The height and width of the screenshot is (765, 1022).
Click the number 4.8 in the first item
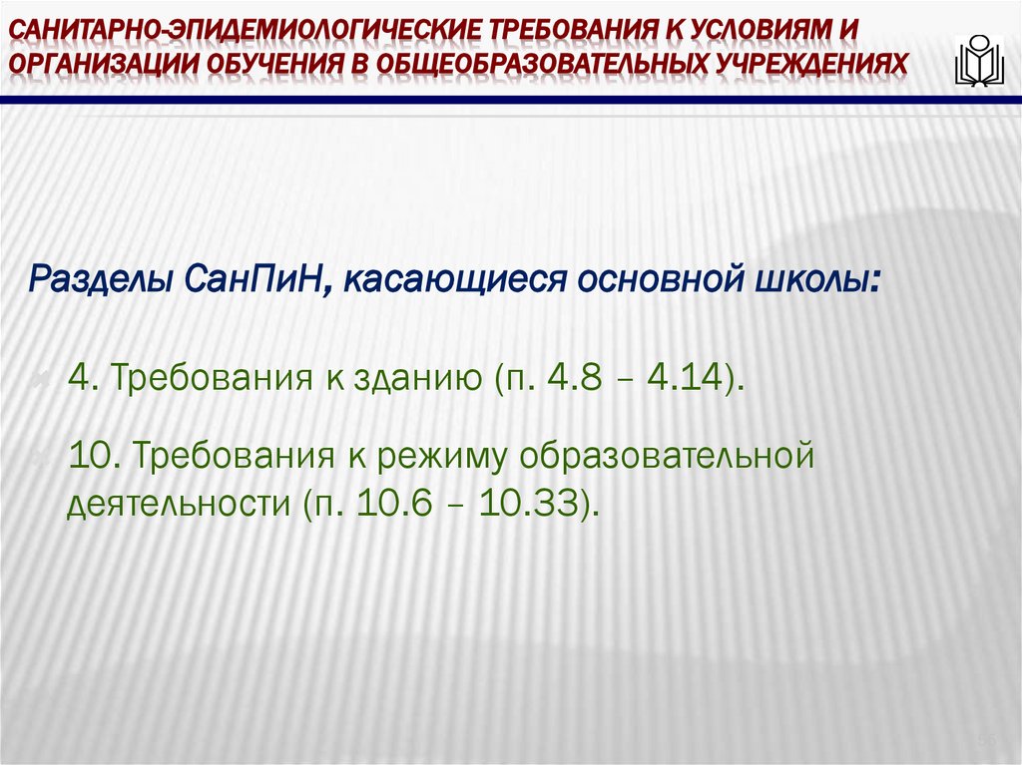578,380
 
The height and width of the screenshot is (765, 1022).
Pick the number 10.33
532,504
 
